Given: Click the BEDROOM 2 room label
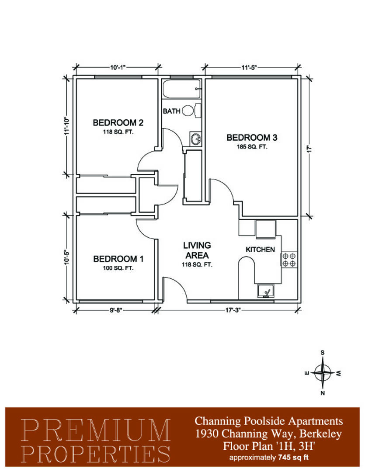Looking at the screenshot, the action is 118,122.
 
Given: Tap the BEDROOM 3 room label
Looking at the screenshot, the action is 252,138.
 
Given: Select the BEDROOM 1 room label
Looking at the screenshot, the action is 118,259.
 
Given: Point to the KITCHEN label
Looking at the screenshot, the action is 260,250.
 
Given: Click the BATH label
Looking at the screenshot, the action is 172,111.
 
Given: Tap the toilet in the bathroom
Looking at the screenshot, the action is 191,111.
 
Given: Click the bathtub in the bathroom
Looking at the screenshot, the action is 181,89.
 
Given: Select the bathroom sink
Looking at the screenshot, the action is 196,139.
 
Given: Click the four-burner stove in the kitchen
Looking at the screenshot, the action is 289,260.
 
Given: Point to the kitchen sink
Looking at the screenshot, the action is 266,291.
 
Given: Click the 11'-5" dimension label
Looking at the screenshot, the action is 249,67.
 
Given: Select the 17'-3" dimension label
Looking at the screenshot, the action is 233,310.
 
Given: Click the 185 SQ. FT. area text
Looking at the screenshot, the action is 252,147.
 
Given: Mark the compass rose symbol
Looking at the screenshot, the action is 323,373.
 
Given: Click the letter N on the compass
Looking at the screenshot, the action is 323,393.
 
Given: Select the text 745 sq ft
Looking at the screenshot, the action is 294,458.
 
